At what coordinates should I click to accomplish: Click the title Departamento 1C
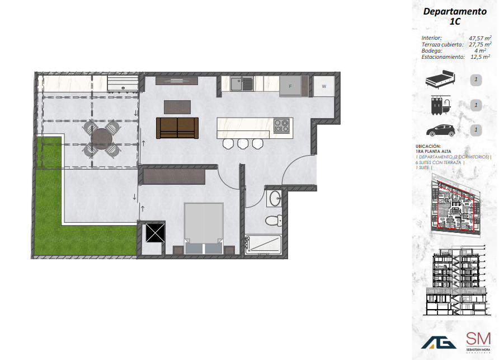[x=454, y=16]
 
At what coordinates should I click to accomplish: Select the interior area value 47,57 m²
[x=480, y=38]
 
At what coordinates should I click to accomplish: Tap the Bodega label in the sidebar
[x=432, y=50]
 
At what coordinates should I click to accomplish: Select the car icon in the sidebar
[x=440, y=130]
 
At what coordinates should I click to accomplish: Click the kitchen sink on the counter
[x=242, y=84]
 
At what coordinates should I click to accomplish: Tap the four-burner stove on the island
[x=281, y=126]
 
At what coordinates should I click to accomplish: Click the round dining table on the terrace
[x=102, y=138]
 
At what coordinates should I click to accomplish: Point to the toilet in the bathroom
[x=272, y=219]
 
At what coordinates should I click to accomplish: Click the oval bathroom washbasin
[x=274, y=198]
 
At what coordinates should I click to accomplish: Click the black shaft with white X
[x=154, y=232]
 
